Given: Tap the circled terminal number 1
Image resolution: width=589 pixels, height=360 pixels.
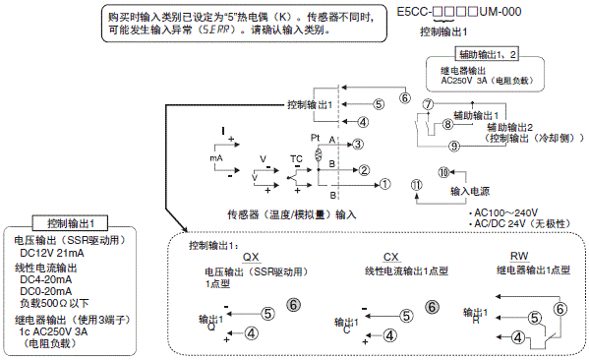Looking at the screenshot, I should (385, 183).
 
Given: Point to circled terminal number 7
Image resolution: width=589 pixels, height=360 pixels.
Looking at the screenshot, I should (427, 104).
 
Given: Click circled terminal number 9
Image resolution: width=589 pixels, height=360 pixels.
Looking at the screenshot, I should (427, 146).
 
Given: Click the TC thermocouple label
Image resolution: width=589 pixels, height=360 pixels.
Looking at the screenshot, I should (296, 157).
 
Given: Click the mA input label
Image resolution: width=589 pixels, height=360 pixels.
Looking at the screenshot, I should (217, 156).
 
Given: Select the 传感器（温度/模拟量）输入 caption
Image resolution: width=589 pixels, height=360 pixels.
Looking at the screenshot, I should (291, 213).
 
